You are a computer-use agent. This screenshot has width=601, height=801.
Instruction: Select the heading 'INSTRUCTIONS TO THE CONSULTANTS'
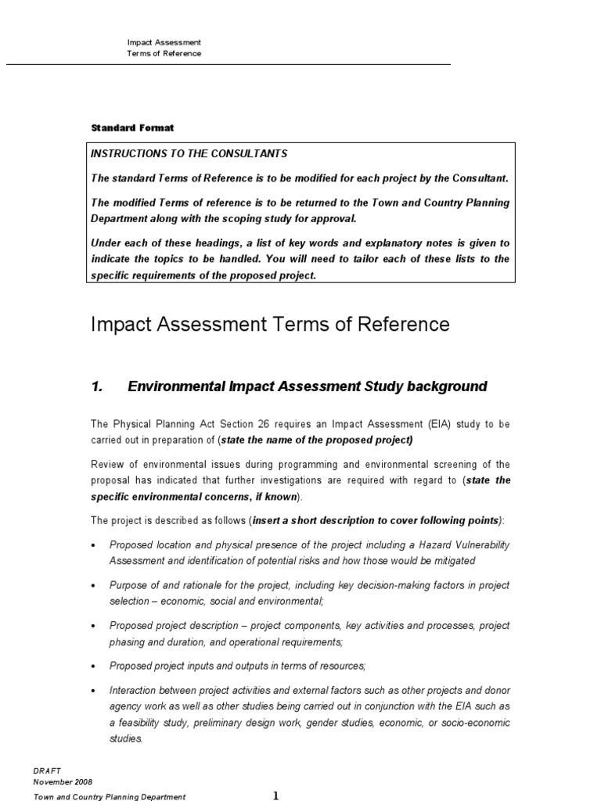pyautogui.click(x=189, y=153)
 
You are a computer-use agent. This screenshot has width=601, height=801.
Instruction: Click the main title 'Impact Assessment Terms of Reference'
pyautogui.click(x=270, y=324)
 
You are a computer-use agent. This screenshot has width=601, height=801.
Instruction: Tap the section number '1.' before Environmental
pyautogui.click(x=98, y=386)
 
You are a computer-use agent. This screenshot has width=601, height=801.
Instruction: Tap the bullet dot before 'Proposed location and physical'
pyautogui.click(x=94, y=545)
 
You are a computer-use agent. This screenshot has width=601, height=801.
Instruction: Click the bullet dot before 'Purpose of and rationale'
pyautogui.click(x=94, y=586)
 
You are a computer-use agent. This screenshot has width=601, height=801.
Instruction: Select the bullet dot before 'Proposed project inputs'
pyautogui.click(x=94, y=666)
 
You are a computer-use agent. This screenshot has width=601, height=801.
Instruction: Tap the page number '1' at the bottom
pyautogui.click(x=275, y=796)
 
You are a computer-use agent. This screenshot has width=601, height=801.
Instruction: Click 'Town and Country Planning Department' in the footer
pyautogui.click(x=109, y=796)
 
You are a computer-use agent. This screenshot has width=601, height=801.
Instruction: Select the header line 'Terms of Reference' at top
pyautogui.click(x=164, y=53)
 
